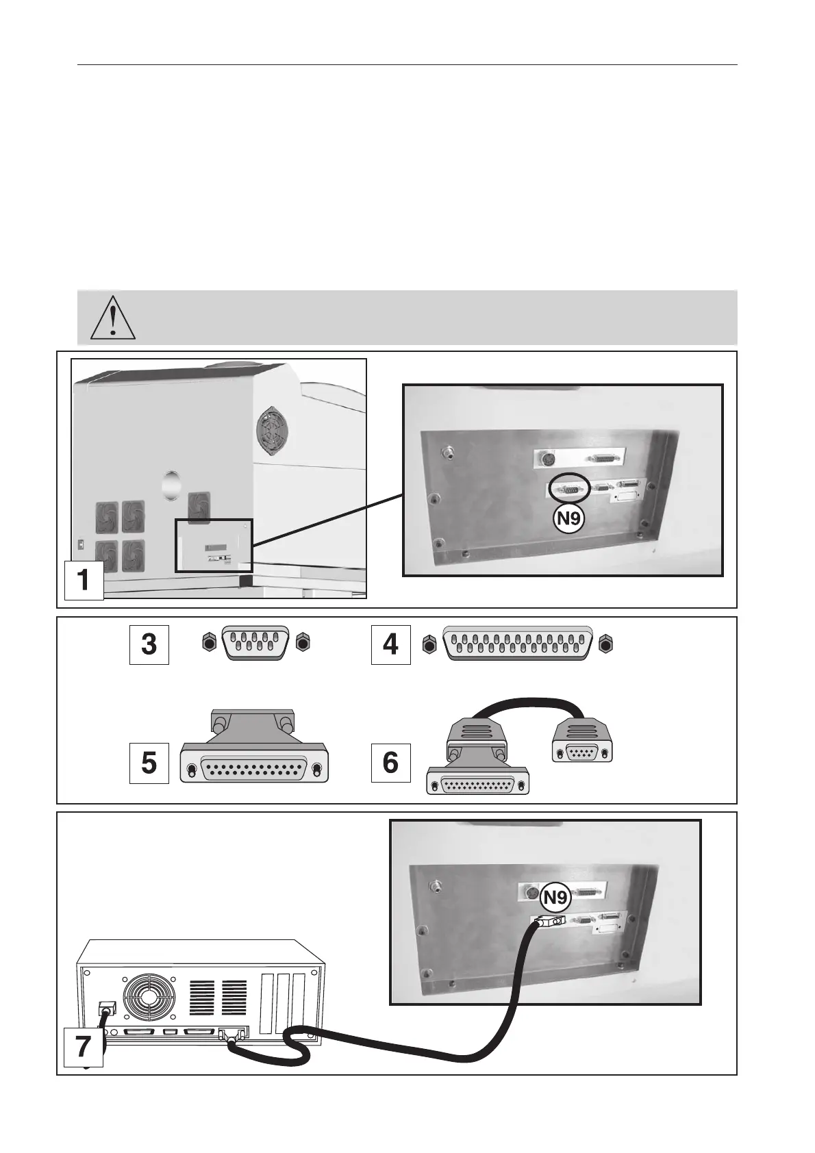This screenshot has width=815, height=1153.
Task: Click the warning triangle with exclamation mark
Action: pos(113,318)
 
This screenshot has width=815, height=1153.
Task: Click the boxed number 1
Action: pos(84,580)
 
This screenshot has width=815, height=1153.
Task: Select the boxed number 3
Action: pos(149,645)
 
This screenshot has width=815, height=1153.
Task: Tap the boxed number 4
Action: pos(391,645)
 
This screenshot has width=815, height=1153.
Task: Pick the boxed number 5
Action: pos(149,763)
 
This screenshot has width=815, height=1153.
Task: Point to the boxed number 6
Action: pos(391,763)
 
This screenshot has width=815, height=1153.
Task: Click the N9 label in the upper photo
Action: pos(568,518)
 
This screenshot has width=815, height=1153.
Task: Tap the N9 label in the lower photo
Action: pos(555,896)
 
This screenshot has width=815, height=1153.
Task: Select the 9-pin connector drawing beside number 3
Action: pos(255,644)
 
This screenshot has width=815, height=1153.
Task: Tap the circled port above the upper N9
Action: pos(569,489)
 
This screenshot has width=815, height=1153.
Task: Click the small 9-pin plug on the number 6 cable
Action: pos(582,743)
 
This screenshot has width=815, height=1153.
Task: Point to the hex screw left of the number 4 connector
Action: pos(429,644)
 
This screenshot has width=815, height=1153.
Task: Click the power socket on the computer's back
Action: pos(107,1009)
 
